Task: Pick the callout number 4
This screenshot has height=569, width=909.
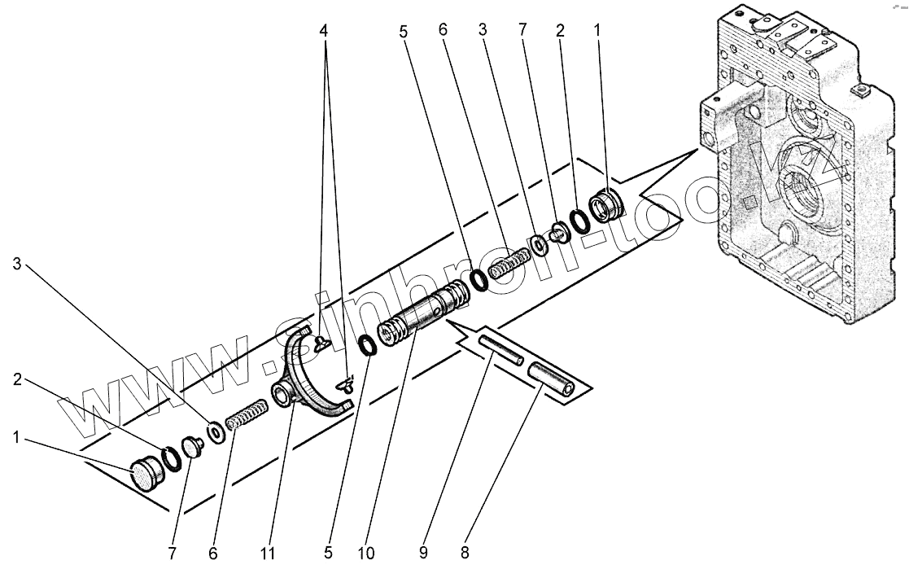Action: tap(324, 30)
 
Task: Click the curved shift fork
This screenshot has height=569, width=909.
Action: tap(313, 374)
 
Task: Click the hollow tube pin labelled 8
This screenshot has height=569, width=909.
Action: tap(552, 379)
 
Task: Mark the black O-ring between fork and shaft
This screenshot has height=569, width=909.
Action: tap(368, 345)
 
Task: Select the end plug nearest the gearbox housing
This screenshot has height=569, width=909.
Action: tap(606, 204)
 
